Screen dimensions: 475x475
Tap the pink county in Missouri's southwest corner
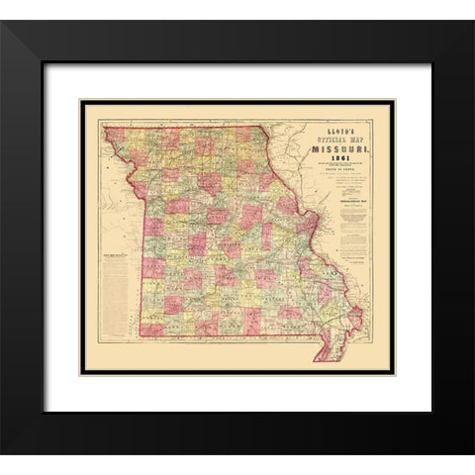(151, 329)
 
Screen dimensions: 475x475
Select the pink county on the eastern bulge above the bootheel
(353, 318)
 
